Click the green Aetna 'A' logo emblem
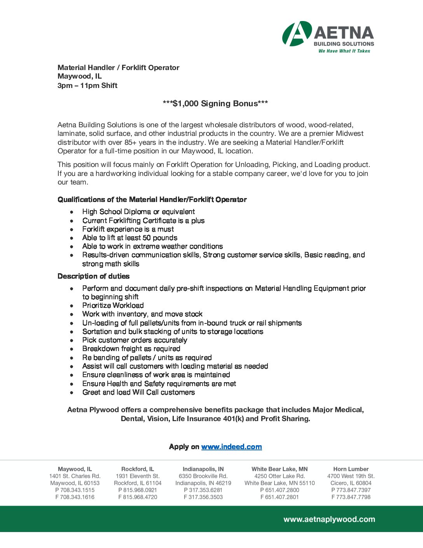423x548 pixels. pyautogui.click(x=297, y=34)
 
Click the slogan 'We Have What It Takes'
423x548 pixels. pyautogui.click(x=344, y=51)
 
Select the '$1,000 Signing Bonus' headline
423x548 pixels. pyautogui.click(x=215, y=104)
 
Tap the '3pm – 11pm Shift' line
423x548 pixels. pyautogui.click(x=87, y=86)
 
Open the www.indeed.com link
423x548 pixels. pyautogui.click(x=231, y=447)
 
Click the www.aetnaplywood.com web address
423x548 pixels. pyautogui.click(x=329, y=519)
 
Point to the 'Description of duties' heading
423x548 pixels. pyautogui.click(x=94, y=276)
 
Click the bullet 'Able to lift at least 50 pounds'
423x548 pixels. pyautogui.click(x=130, y=238)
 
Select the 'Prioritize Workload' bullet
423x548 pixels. pyautogui.click(x=113, y=306)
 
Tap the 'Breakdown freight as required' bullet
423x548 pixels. pyautogui.click(x=131, y=349)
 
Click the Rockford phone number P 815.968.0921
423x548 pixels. pyautogui.click(x=138, y=490)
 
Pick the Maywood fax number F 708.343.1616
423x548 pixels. pyautogui.click(x=75, y=497)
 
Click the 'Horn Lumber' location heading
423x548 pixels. pyautogui.click(x=351, y=469)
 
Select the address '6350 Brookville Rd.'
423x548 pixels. pyautogui.click(x=203, y=476)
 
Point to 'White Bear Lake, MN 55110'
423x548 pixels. pyautogui.click(x=280, y=483)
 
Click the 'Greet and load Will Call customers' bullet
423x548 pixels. pyautogui.click(x=138, y=392)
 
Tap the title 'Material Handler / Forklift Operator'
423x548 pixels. pyautogui.click(x=119, y=68)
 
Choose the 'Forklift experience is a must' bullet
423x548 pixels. pyautogui.click(x=128, y=229)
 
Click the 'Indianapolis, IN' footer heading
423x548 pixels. pyautogui.click(x=203, y=469)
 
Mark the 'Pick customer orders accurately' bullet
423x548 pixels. pyautogui.click(x=135, y=340)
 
